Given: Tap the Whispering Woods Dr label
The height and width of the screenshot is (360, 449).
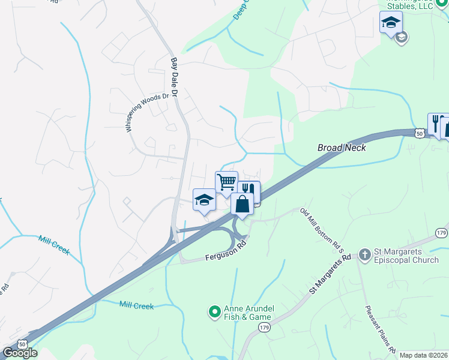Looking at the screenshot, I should [146, 112].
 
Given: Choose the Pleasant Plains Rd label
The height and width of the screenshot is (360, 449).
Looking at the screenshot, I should [381, 329].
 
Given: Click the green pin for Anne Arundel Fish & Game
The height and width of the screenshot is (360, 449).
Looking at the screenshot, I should [214, 311].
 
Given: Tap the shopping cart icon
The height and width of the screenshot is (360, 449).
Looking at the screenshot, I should [227, 182].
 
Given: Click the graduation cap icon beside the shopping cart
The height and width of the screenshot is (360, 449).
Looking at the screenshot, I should [204, 200].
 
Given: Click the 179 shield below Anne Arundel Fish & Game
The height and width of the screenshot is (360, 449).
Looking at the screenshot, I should [264, 327].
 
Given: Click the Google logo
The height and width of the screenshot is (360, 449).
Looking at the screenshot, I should [20, 353].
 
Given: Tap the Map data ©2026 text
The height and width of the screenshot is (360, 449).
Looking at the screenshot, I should [423, 355].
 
